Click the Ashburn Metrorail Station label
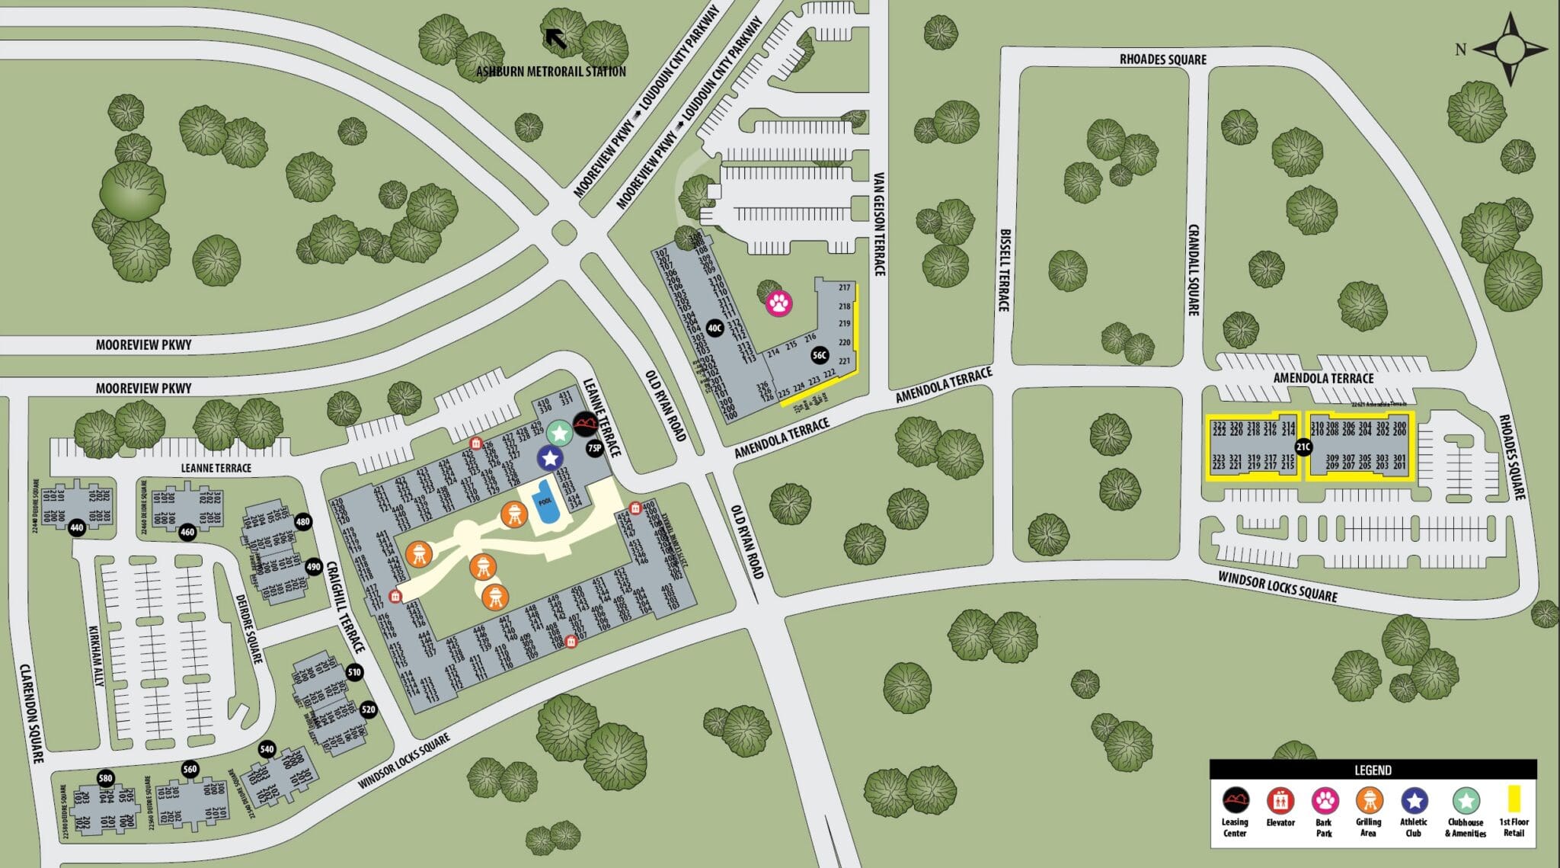(x=551, y=72)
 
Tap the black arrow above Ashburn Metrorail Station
(x=556, y=38)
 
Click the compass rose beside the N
(x=1510, y=49)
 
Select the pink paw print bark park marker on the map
(x=778, y=303)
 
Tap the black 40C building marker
(x=714, y=328)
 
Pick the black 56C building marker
(x=820, y=355)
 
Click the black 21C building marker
(x=1303, y=447)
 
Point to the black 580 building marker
(x=106, y=778)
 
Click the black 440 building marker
(x=76, y=527)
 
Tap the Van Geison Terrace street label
(x=879, y=223)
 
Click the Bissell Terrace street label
(x=1004, y=270)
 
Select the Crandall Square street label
(x=1194, y=269)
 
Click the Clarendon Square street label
(x=32, y=713)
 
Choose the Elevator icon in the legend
(x=1280, y=801)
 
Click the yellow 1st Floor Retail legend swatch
(x=1514, y=799)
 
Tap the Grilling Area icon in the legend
(x=1369, y=801)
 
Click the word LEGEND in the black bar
(x=1373, y=770)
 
